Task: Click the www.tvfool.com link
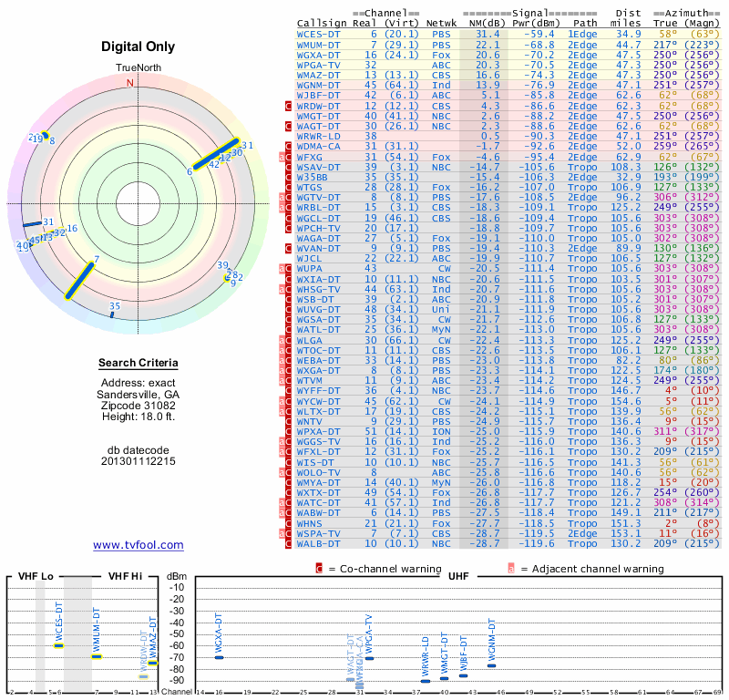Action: point(138,545)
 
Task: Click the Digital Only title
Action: point(139,46)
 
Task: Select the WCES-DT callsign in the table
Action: point(320,34)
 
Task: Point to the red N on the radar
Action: point(129,82)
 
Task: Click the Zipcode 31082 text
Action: point(139,405)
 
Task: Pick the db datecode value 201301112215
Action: point(139,461)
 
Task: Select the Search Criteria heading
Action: point(139,364)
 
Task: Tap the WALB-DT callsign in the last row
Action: point(320,543)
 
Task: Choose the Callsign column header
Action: point(322,22)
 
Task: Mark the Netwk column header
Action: point(441,22)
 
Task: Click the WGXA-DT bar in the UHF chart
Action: point(219,656)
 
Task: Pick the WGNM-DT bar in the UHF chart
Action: point(491,665)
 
